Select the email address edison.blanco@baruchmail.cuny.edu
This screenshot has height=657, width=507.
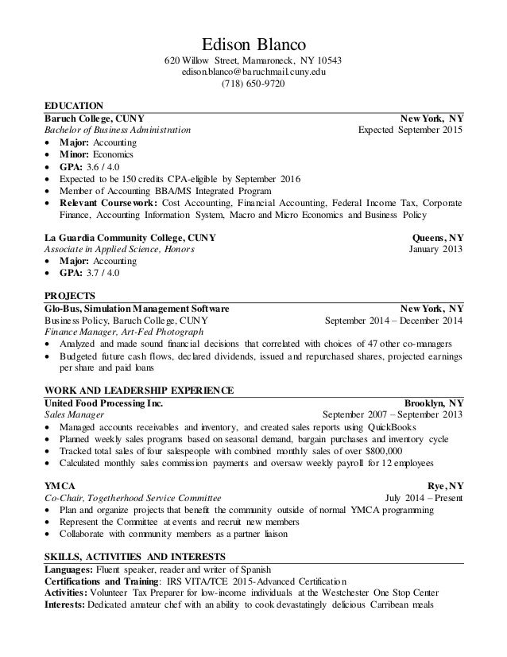click(253, 72)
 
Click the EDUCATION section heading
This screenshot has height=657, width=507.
click(74, 105)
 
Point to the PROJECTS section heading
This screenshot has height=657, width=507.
click(69, 294)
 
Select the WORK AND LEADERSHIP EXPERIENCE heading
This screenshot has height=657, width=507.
click(137, 390)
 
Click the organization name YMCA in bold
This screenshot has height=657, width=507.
click(58, 486)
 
